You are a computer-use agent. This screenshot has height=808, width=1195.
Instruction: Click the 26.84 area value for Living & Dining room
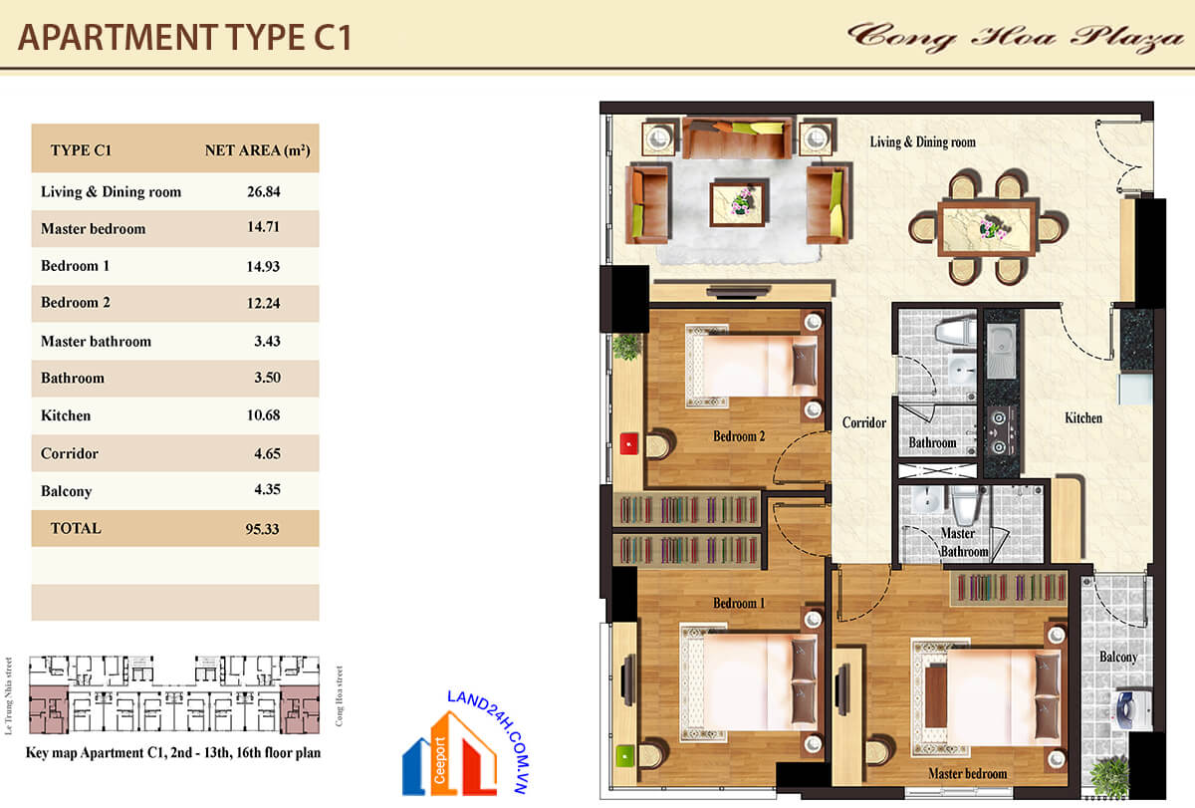(x=264, y=191)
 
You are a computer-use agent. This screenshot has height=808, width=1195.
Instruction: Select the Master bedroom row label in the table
(x=94, y=228)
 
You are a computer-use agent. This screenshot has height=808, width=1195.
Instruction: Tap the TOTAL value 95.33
(x=263, y=528)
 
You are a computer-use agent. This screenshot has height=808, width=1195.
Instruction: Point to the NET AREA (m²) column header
(x=258, y=150)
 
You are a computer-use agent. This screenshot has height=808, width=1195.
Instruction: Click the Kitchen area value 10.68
(x=264, y=414)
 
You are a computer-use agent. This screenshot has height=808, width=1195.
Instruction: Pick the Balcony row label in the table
(x=66, y=491)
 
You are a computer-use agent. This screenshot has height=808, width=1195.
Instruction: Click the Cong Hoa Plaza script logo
(x=1015, y=37)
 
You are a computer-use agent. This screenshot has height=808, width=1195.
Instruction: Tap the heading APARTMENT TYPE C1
(x=184, y=37)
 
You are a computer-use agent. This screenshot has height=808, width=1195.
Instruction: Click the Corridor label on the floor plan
(x=864, y=422)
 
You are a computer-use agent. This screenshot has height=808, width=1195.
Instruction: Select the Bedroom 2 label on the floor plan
(x=739, y=436)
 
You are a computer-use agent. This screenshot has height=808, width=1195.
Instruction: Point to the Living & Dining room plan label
(x=923, y=141)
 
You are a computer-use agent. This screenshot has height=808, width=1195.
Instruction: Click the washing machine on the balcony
(x=1132, y=708)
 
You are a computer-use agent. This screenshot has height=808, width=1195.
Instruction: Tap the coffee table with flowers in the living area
(x=739, y=204)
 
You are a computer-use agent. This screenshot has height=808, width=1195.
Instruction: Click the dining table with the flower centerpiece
(x=989, y=226)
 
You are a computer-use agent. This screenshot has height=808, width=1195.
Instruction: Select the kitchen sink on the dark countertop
(x=1001, y=351)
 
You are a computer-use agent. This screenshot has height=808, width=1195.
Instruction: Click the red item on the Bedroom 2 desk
(x=629, y=444)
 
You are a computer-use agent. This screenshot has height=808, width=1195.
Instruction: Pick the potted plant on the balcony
(x=1110, y=776)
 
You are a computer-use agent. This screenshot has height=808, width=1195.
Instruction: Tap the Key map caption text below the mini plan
(x=173, y=752)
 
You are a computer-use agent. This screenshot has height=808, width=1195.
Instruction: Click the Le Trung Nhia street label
(x=8, y=696)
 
